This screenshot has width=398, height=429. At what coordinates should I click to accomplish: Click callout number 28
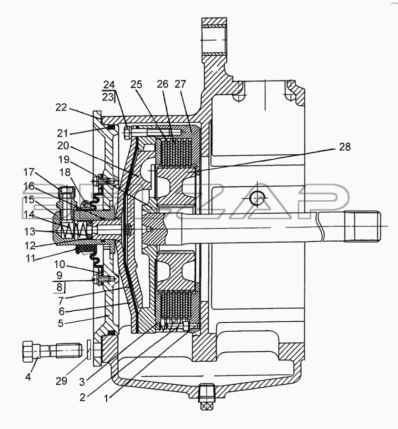(x=345, y=147)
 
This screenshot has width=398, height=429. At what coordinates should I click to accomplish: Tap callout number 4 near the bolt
(x=28, y=377)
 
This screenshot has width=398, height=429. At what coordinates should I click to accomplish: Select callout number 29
(x=61, y=381)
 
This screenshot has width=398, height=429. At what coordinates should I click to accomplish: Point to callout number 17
(x=29, y=173)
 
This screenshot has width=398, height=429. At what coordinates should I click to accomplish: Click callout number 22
(x=61, y=107)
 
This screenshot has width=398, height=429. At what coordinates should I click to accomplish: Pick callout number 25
(x=136, y=84)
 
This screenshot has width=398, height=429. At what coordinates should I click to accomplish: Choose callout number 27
(x=180, y=84)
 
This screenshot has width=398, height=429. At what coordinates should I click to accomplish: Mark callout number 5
(x=61, y=323)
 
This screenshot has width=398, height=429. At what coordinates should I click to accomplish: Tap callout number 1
(x=107, y=398)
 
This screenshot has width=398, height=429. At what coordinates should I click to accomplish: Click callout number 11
(x=31, y=258)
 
